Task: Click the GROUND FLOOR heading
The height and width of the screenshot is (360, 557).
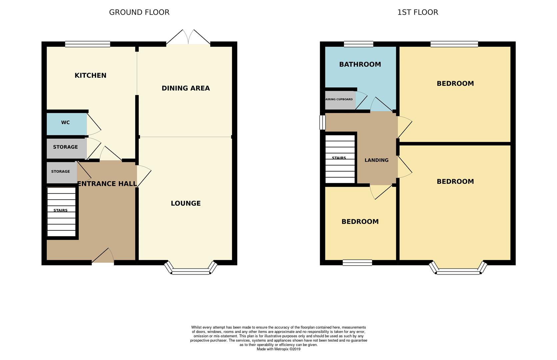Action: (x=139, y=12)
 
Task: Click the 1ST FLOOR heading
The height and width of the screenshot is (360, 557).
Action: (x=417, y=12)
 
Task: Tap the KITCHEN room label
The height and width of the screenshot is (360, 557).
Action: (x=90, y=75)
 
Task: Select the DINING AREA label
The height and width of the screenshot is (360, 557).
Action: (x=186, y=88)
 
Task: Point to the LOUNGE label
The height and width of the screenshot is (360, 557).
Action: (x=186, y=203)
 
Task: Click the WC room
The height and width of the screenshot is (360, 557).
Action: (x=66, y=123)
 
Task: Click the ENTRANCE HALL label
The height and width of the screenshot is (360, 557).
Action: (x=107, y=184)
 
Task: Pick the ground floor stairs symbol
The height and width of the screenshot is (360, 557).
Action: (x=61, y=212)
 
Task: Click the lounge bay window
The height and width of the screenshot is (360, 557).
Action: (x=191, y=271)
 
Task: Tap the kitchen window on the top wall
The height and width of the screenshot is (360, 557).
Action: (x=88, y=44)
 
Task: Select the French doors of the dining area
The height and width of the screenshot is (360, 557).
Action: (x=188, y=38)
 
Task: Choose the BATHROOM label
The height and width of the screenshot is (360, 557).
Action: (x=360, y=64)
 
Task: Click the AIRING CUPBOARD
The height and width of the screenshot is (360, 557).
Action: (x=339, y=99)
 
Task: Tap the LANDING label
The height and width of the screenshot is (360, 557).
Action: (x=376, y=160)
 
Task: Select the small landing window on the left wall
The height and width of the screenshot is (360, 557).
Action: (x=322, y=122)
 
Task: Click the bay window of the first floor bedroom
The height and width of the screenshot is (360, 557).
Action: (x=458, y=271)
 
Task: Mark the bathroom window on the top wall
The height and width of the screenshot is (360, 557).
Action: (x=359, y=44)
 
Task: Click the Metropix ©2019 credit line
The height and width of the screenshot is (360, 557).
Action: (x=279, y=349)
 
